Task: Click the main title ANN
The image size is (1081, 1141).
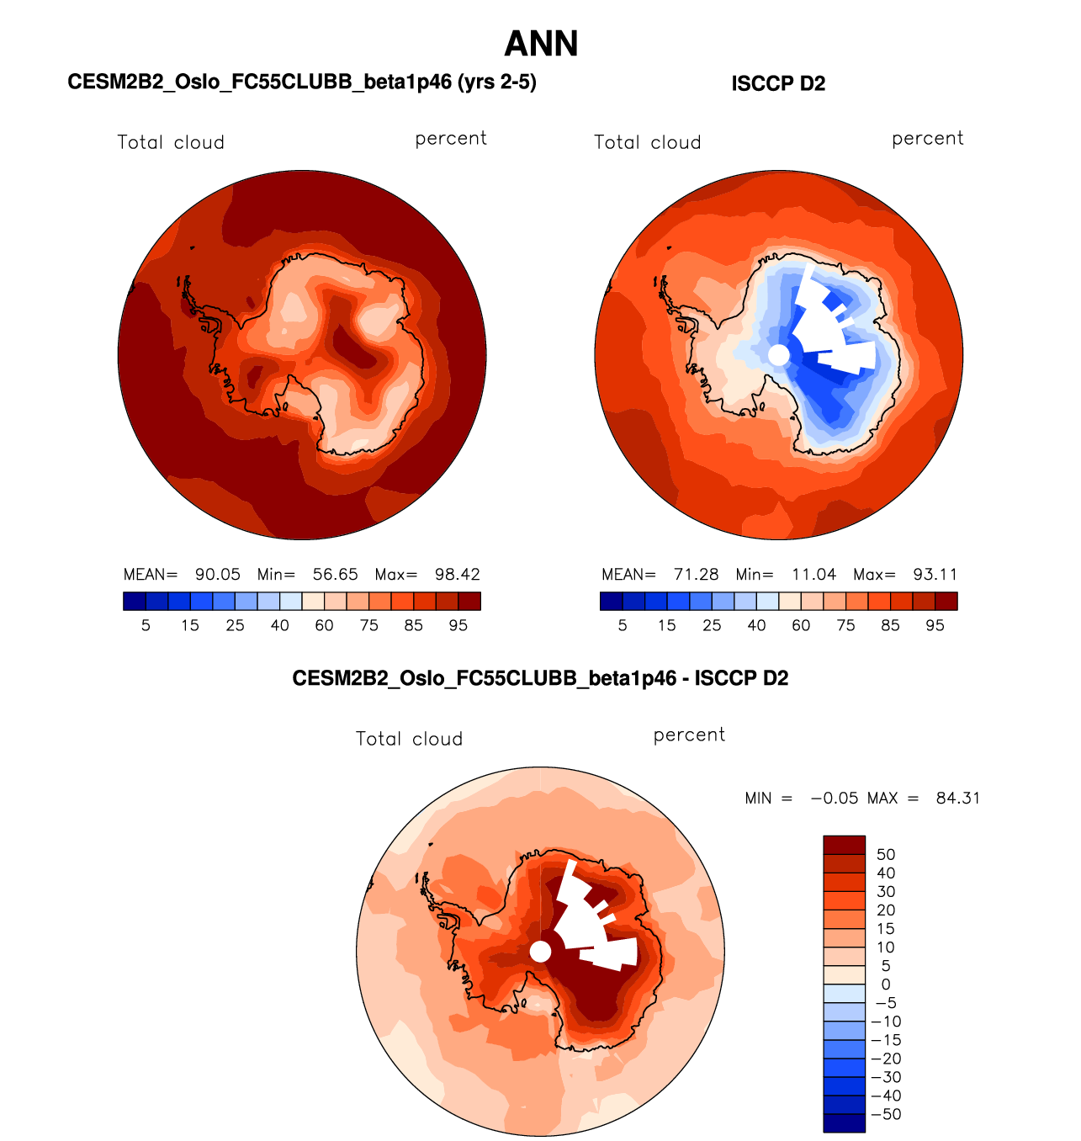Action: click(x=541, y=44)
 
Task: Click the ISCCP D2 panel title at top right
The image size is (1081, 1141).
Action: click(x=778, y=84)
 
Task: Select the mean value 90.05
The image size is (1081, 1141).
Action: click(x=218, y=575)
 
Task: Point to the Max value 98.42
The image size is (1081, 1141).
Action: click(x=457, y=575)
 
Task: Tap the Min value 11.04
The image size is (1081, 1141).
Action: click(x=813, y=575)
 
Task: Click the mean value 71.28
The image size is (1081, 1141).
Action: click(x=696, y=575)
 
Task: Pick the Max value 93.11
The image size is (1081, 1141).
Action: click(x=935, y=575)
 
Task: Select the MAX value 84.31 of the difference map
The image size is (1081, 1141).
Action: click(x=958, y=799)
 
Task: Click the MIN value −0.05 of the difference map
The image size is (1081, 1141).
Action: click(x=835, y=799)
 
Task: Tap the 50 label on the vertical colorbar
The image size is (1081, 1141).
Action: click(x=886, y=855)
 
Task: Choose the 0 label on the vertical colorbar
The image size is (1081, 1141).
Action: click(x=886, y=984)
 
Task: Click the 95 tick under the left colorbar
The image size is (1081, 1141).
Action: click(x=458, y=625)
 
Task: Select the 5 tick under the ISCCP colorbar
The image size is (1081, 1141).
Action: click(x=623, y=625)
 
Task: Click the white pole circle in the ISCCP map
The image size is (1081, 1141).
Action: click(x=779, y=355)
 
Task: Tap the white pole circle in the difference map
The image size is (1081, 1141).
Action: click(x=540, y=952)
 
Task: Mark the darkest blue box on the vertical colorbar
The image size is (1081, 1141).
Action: click(x=844, y=1123)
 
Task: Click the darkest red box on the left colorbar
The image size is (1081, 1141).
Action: click(x=469, y=601)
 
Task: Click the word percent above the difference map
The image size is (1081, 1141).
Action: click(x=689, y=735)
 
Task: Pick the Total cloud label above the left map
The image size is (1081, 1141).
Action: click(x=171, y=143)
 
